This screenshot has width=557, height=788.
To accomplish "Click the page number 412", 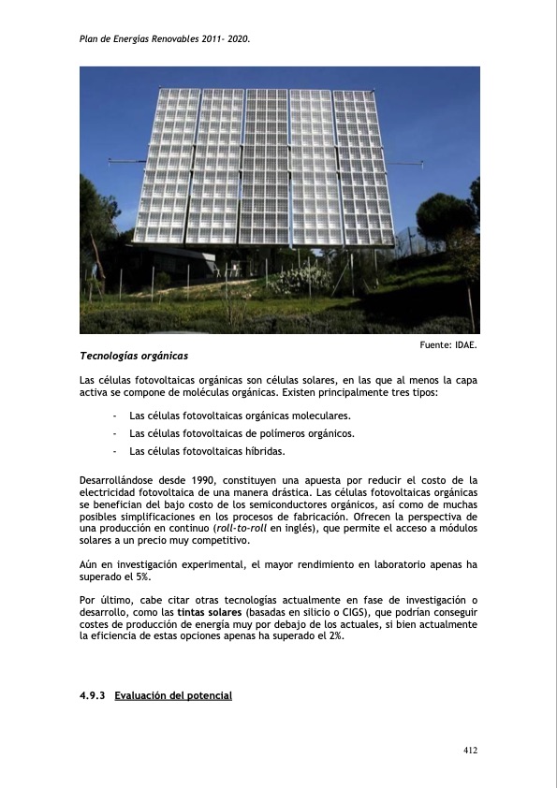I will pos(470,750).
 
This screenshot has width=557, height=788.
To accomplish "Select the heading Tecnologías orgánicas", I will pos(134,356).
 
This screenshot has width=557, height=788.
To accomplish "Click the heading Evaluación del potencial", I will pos(173,696).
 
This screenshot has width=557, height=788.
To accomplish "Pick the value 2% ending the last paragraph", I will pos(334,636).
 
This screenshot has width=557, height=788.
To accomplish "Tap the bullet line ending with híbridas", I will pos(207,451).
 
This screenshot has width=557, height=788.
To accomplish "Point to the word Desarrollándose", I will pos(117,480).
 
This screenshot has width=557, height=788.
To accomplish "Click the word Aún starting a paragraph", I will pos(88,564).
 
